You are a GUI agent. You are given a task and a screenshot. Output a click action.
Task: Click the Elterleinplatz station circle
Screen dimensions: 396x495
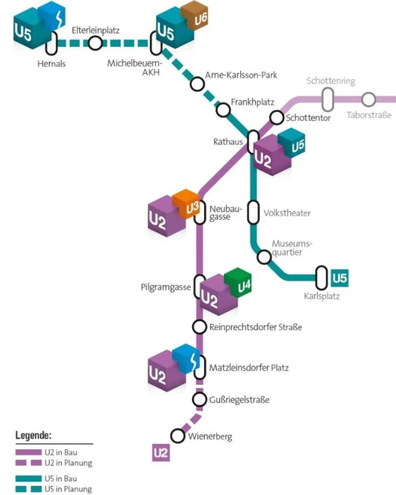click(x=95, y=43)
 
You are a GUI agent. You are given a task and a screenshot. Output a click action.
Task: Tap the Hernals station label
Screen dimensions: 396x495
click(x=51, y=64)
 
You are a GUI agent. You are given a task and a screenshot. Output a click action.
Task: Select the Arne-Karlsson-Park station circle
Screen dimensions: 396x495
click(x=197, y=84)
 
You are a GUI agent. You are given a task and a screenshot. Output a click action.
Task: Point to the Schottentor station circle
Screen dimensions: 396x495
click(x=277, y=118)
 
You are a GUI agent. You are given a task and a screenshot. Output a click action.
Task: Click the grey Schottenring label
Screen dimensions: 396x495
click(x=331, y=81)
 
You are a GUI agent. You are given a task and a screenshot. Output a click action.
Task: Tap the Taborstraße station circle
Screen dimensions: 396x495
click(x=369, y=100)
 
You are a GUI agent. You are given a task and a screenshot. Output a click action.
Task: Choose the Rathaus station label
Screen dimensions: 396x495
click(x=228, y=142)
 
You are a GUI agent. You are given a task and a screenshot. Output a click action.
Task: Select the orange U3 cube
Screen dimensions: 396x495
click(x=186, y=204)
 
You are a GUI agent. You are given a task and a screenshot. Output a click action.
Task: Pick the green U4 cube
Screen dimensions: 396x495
click(x=238, y=283)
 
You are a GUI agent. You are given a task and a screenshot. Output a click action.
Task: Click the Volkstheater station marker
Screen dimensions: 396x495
click(x=253, y=212)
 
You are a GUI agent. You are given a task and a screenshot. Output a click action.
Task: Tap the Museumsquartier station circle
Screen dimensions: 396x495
click(x=264, y=257)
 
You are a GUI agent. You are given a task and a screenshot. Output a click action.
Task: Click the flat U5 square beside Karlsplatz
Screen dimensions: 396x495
click(x=340, y=278)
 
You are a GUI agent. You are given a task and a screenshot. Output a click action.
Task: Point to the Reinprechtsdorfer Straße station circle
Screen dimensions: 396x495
click(x=199, y=327)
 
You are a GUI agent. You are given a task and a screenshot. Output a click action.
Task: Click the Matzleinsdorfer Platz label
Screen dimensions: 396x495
click(x=249, y=368)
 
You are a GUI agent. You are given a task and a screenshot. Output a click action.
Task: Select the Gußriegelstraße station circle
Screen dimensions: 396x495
click(x=199, y=399)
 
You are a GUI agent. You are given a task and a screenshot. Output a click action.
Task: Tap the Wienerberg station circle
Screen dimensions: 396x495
click(x=178, y=436)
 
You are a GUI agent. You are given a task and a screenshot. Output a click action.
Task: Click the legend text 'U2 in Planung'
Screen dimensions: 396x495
click(x=68, y=463)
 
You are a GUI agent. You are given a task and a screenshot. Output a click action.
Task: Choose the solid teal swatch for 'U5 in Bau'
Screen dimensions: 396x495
click(x=29, y=479)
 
